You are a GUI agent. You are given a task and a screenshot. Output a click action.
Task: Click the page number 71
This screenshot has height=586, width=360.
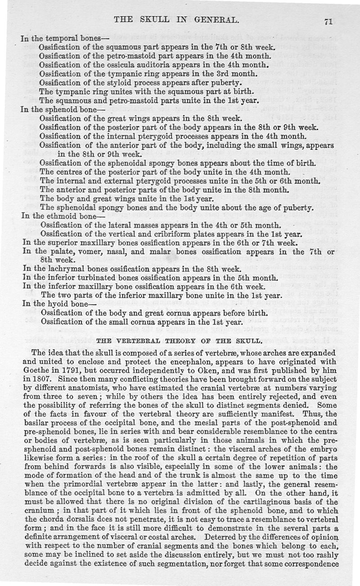(347, 20)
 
